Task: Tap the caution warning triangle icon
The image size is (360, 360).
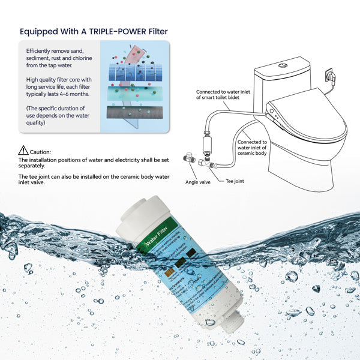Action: click(x=23, y=150)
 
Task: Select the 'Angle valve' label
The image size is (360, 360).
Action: click(x=197, y=182)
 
